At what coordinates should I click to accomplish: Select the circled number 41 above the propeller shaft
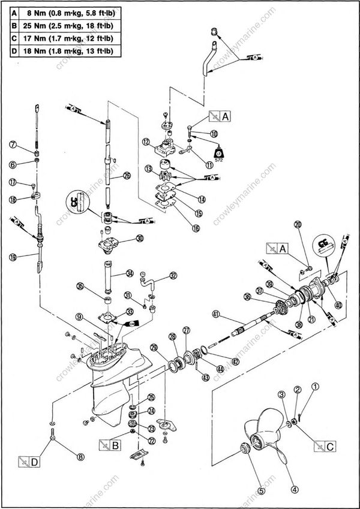click(215, 313)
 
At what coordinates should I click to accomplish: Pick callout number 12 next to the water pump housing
click(145, 142)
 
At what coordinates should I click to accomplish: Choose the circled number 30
click(139, 238)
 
